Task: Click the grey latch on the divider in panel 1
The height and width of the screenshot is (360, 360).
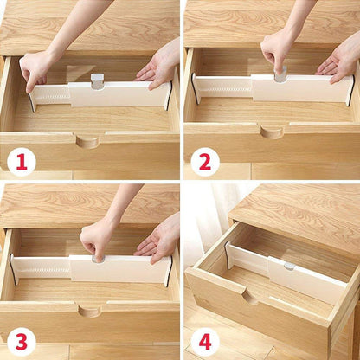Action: point(97,81)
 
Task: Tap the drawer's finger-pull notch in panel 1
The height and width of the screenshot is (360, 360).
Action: point(87,140)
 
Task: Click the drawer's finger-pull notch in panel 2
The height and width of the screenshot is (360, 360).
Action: point(271,132)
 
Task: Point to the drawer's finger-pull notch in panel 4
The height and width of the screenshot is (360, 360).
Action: point(250,297)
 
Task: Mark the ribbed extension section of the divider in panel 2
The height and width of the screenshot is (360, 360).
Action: point(223,87)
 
